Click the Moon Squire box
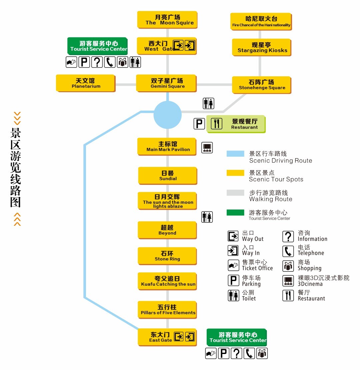click(167, 20)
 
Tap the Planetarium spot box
click(85, 83)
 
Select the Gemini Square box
click(166, 83)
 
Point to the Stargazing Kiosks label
click(262, 47)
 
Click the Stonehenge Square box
click(262, 85)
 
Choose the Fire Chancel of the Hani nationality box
click(261, 21)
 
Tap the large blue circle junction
click(167, 115)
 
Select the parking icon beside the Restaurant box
click(199, 124)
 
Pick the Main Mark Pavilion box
click(167, 147)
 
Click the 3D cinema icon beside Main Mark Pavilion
click(207, 148)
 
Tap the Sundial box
click(168, 176)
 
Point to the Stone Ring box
click(167, 256)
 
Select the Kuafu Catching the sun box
click(167, 281)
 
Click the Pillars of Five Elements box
click(167, 309)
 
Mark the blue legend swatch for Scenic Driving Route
click(235, 154)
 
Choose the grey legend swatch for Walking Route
click(235, 192)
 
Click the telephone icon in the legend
click(288, 251)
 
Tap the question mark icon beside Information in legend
click(288, 236)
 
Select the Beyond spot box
click(167, 230)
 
